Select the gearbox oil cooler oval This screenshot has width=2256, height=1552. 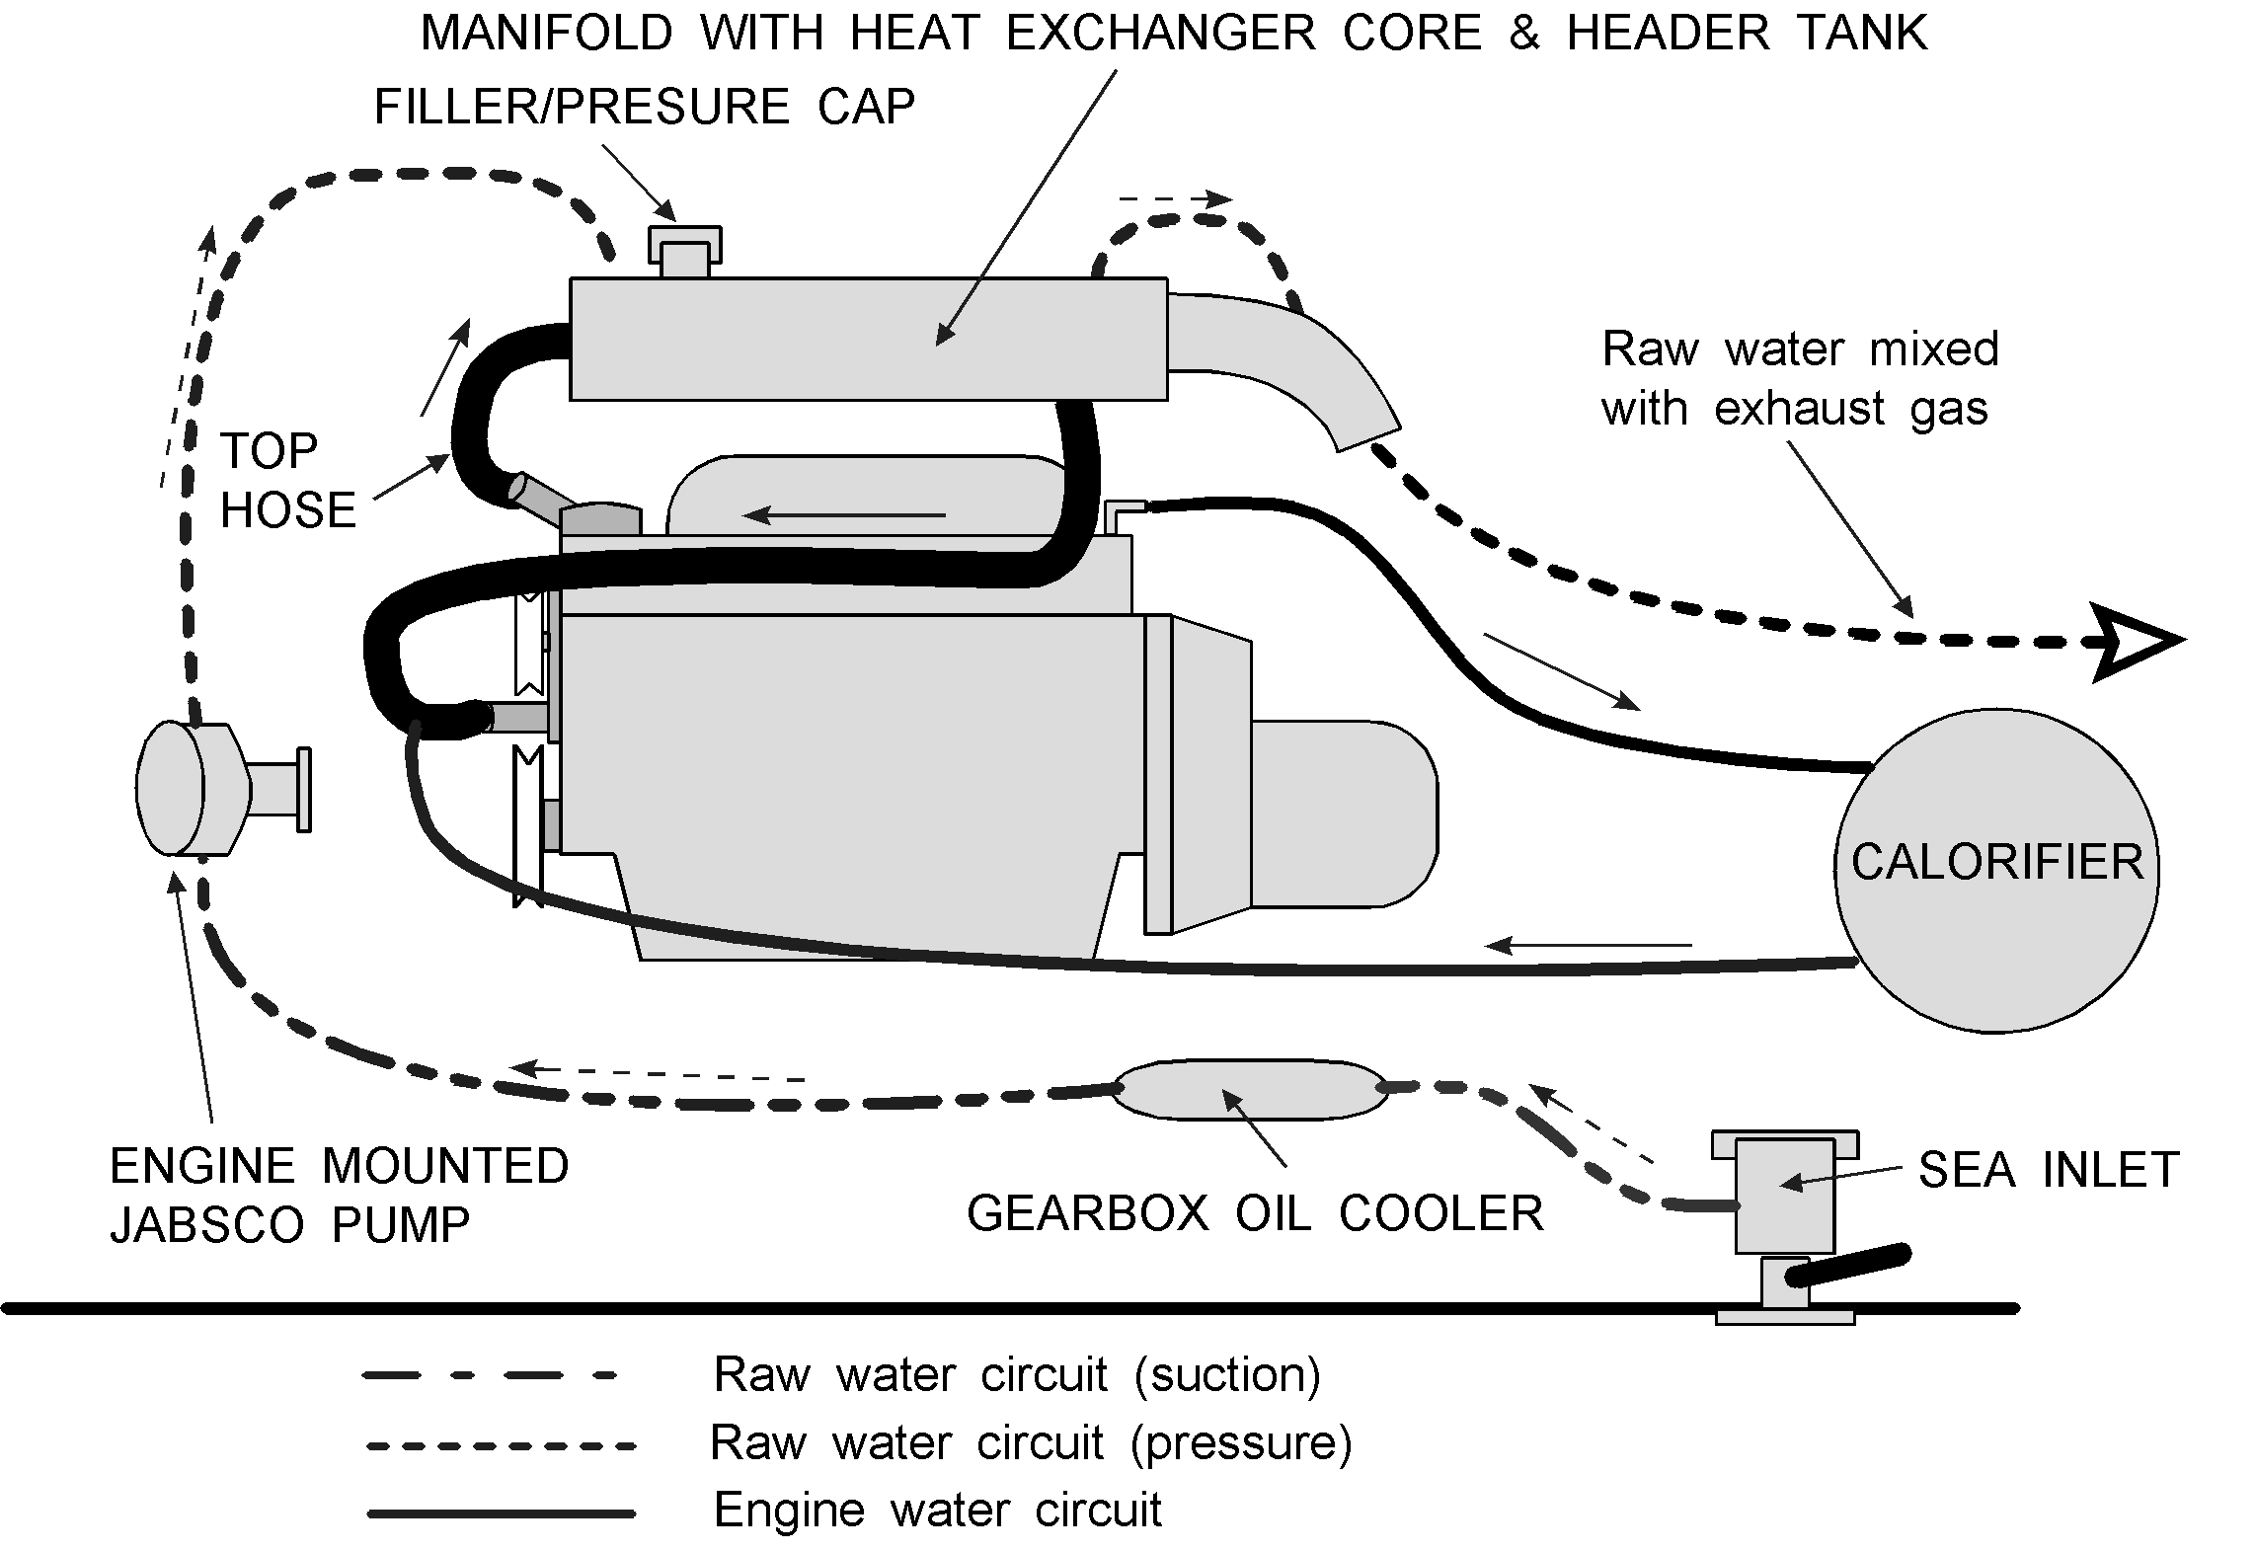(x=1250, y=1090)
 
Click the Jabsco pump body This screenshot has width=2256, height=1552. (x=193, y=787)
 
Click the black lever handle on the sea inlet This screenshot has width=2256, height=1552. (x=1846, y=1267)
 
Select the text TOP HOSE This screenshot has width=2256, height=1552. (x=286, y=481)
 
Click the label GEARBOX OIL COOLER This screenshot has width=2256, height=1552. (x=1254, y=1213)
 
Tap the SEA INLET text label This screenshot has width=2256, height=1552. (x=2049, y=1170)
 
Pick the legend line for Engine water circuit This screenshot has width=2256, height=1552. (x=501, y=1513)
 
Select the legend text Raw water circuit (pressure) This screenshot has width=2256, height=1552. (x=1030, y=1442)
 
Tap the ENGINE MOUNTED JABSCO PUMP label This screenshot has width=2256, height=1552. (x=339, y=1196)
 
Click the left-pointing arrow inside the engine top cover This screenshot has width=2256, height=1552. (x=844, y=514)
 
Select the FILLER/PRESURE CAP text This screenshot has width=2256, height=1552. (x=644, y=107)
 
